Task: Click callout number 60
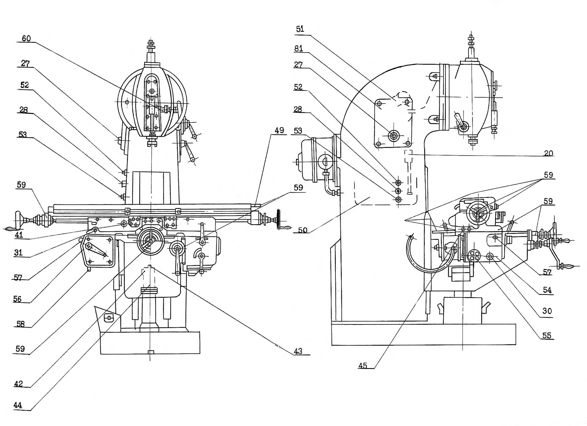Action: pos(26,38)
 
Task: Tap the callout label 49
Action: pos(279,130)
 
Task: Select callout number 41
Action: pos(19,235)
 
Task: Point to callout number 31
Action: pos(18,253)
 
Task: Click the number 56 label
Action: pos(17,299)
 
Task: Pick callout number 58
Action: pos(20,324)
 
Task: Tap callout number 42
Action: pos(18,384)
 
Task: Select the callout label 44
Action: pos(18,405)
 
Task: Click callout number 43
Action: pos(298,351)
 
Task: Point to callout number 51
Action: pos(300,29)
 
